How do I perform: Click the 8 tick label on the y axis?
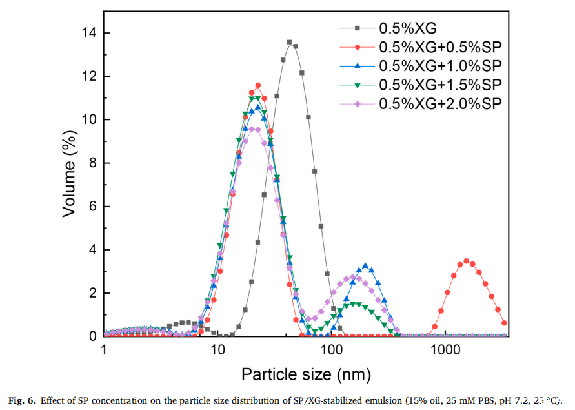[95, 163]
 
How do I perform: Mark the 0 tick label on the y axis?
[95, 336]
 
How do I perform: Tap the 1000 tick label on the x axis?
[444, 351]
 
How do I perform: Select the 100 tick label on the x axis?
[332, 351]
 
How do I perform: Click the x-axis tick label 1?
[105, 351]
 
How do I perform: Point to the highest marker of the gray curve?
[289, 43]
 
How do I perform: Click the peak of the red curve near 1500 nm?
[466, 261]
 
